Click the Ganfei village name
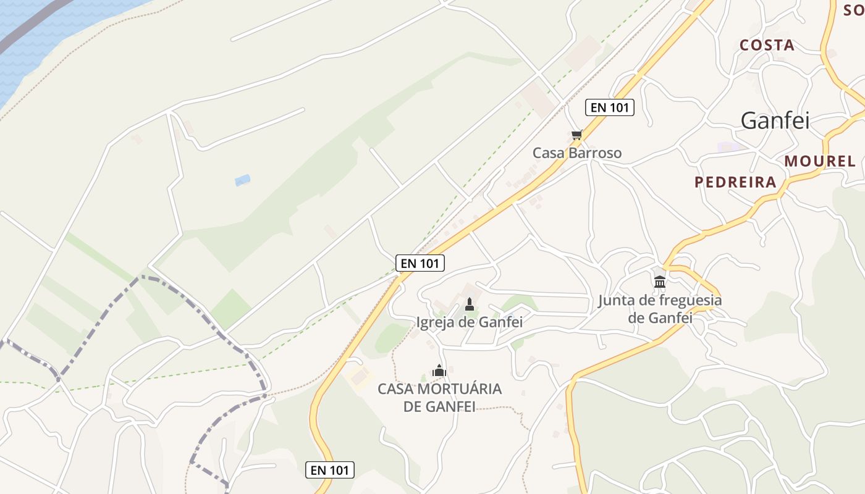tap(775, 120)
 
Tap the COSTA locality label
tap(767, 45)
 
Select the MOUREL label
tap(820, 161)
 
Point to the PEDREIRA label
tap(735, 182)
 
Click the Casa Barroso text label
tap(577, 153)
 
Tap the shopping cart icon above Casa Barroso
tap(576, 135)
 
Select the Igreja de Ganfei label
tap(470, 322)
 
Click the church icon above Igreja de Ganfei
tap(470, 304)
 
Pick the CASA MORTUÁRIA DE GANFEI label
tap(440, 398)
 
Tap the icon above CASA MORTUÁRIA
tap(439, 371)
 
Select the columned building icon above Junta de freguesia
tap(660, 282)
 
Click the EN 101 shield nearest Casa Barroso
tap(609, 107)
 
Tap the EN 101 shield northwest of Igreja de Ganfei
tap(420, 263)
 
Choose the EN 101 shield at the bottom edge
tap(330, 470)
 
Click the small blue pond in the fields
tap(242, 180)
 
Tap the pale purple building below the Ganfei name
tap(730, 147)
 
